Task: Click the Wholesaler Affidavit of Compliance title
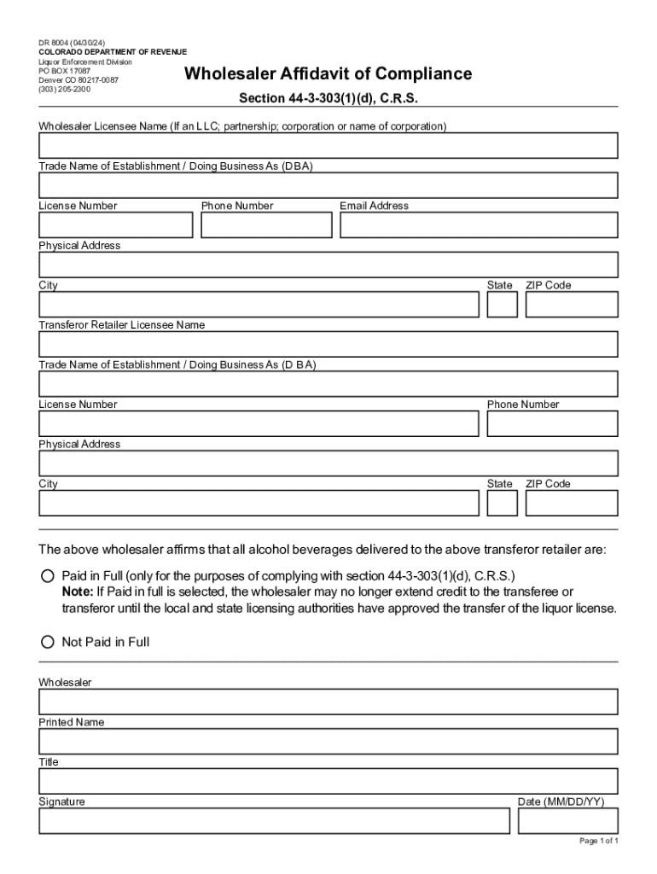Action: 328,74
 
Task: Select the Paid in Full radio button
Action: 48,576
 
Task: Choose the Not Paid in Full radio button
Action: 48,642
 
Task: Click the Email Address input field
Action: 479,225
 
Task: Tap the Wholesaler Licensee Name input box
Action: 328,146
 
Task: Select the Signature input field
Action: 274,821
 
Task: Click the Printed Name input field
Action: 328,741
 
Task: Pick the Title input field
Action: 328,781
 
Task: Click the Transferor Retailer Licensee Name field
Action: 328,344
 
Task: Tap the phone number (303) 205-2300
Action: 65,89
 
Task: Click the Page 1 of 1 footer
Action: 598,842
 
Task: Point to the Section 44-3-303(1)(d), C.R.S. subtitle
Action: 328,98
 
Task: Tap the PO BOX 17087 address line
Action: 64,71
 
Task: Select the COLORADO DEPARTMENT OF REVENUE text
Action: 113,53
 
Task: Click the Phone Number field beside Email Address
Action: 266,225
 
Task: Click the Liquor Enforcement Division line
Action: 85,62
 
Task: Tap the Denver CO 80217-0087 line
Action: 78,80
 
